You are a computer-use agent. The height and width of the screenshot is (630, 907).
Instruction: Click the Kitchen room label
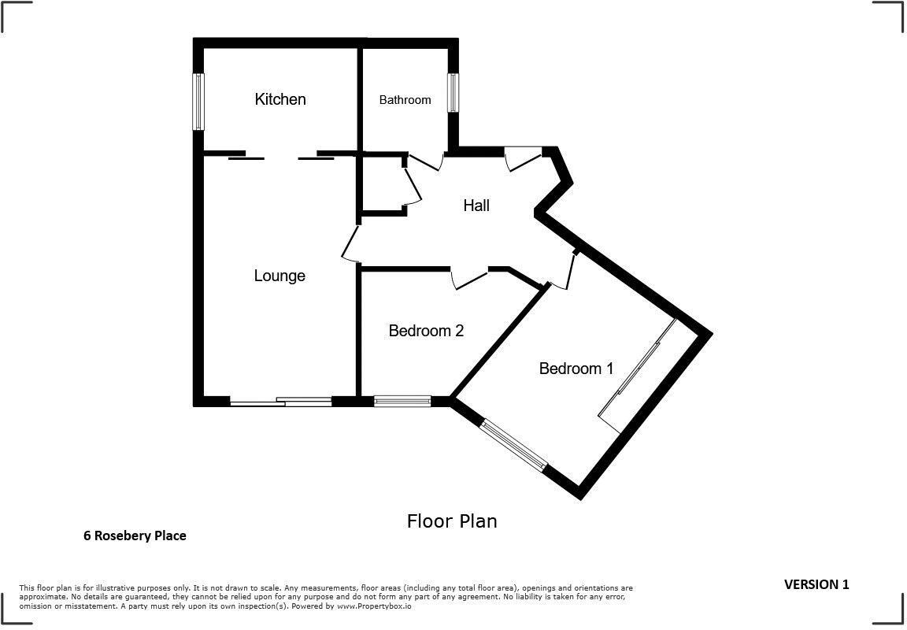click(x=280, y=99)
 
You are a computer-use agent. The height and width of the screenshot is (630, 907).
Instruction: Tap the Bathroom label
click(x=405, y=100)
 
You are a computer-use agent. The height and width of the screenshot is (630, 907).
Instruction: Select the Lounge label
click(x=280, y=276)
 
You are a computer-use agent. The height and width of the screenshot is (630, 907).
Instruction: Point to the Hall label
click(x=476, y=206)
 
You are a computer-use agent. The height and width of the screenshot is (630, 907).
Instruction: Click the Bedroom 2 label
click(x=426, y=331)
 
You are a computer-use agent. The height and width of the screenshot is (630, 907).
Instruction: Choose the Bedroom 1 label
click(x=576, y=369)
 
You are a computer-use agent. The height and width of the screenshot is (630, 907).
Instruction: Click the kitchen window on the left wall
click(x=199, y=102)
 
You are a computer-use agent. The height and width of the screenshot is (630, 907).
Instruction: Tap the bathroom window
click(x=453, y=93)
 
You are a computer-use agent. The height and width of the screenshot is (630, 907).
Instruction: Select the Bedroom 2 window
click(x=402, y=401)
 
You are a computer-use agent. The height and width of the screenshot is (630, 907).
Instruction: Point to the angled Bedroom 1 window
click(x=513, y=445)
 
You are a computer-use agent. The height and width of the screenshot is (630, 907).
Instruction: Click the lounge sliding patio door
click(x=281, y=402)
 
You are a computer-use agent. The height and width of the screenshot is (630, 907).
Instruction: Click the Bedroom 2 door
click(x=469, y=278)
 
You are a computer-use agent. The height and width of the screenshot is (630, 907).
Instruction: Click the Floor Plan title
click(x=452, y=521)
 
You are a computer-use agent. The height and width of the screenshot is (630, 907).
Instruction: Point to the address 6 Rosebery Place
click(x=135, y=535)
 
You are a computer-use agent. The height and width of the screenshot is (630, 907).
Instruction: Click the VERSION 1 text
click(x=816, y=584)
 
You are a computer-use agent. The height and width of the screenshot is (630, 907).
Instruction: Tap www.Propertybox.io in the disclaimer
click(x=374, y=606)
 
